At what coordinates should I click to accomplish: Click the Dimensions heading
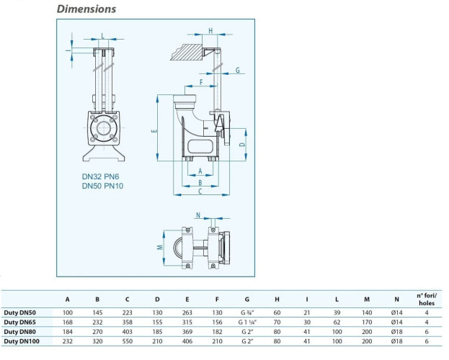tap(86, 9)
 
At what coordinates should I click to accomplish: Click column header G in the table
tap(248, 299)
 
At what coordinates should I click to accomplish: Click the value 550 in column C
tap(128, 341)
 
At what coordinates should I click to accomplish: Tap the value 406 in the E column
tap(187, 341)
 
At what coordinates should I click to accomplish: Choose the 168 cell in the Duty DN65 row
tap(68, 323)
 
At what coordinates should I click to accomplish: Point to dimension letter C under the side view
tap(200, 192)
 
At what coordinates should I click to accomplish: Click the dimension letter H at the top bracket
tap(210, 30)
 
